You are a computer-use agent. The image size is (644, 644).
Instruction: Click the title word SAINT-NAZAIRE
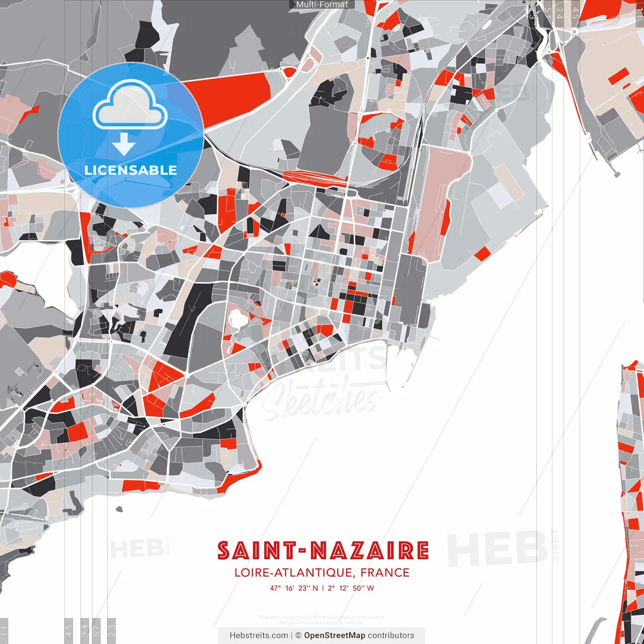coord(323,550)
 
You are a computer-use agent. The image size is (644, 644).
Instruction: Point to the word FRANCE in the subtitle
coord(385,573)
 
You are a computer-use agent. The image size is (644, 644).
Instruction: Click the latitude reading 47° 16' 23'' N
coord(294,588)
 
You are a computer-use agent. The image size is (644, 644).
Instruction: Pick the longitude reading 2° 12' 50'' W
coord(351,588)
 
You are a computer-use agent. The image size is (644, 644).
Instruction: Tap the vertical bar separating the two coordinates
coord(323,588)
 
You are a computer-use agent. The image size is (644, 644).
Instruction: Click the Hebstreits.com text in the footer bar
coord(259,635)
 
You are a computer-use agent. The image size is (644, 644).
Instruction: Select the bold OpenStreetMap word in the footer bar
coord(335,635)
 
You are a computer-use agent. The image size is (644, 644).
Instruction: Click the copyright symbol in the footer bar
coord(298,635)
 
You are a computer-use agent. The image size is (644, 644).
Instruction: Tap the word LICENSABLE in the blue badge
coord(131,170)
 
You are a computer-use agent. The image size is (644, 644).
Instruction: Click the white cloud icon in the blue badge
coord(130,105)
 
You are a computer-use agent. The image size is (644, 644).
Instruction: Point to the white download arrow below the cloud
coord(124,144)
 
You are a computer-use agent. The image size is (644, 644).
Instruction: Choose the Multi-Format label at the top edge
coord(322,5)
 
